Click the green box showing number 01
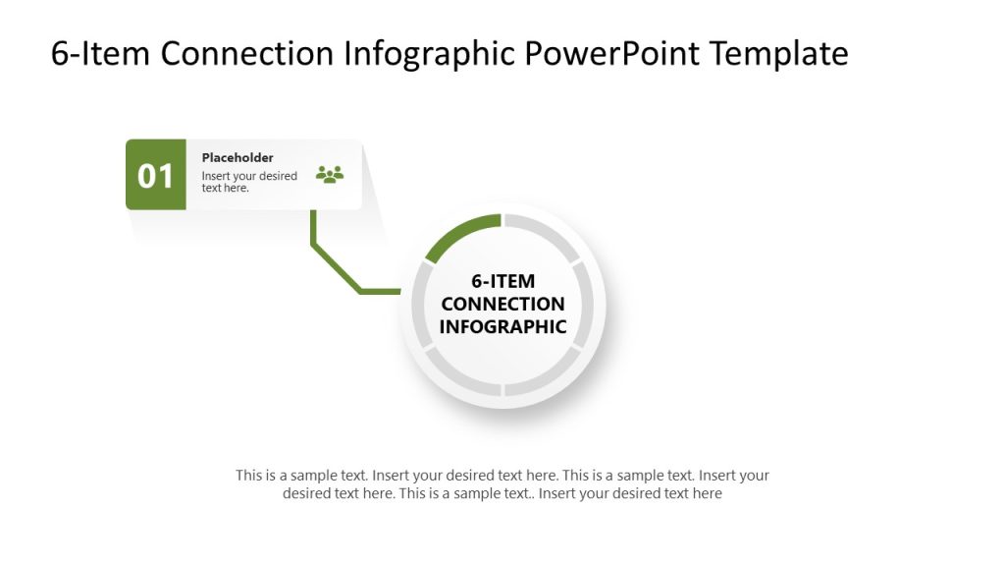pos(155,175)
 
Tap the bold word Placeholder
pos(238,157)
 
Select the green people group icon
pos(330,175)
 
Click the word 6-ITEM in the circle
pos(502,281)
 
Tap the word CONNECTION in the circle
pos(502,304)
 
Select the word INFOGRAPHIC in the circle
pos(502,326)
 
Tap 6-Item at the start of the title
pos(101,53)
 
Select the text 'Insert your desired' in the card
pos(249,176)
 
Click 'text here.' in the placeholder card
pos(226,188)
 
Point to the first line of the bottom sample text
pos(502,476)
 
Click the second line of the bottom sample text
pos(502,494)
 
